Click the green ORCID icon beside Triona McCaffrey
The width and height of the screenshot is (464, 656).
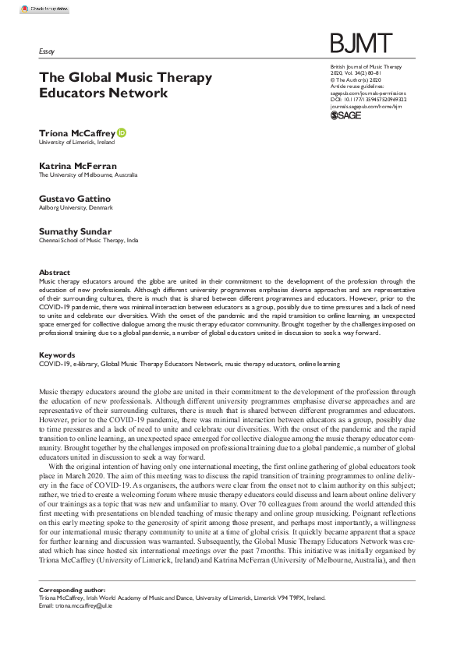[x=122, y=134]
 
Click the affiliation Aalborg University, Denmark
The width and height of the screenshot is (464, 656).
[x=76, y=209]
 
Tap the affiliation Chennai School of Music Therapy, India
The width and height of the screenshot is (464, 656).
[x=88, y=242]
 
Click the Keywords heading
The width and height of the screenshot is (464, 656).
[x=56, y=355]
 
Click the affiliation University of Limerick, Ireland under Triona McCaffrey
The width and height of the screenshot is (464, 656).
[x=76, y=143]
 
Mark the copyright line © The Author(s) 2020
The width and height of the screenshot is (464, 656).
[x=356, y=79]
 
